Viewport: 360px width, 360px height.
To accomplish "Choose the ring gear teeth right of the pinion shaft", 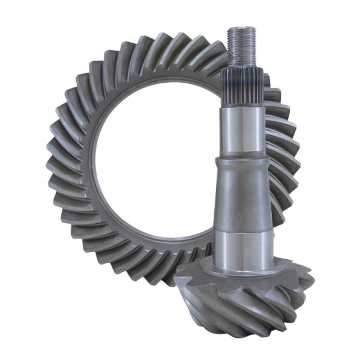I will pos(282,150).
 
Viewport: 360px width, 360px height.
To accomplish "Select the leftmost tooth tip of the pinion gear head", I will pos(177,282).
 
